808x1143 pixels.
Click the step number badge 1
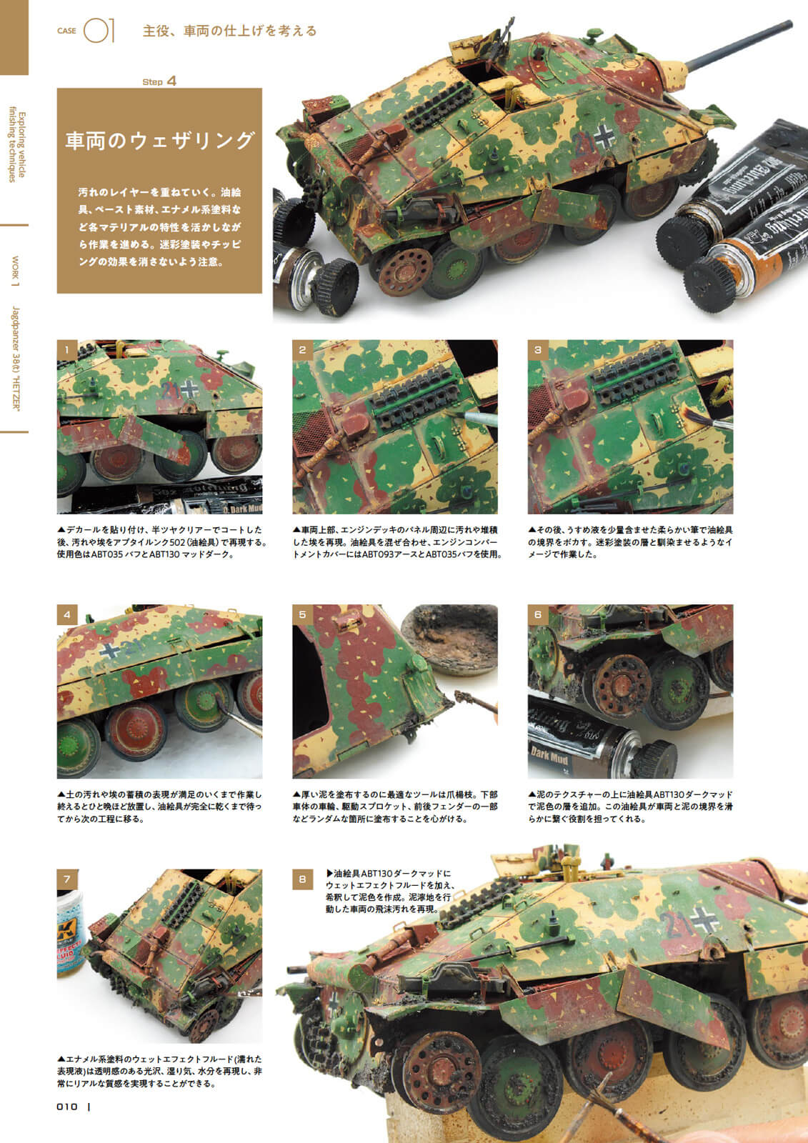coord(67,350)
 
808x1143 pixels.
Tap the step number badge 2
coord(302,350)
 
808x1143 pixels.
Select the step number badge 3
coord(537,350)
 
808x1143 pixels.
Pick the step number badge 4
coord(67,615)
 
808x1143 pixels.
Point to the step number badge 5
coord(302,615)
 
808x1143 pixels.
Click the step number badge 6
coord(537,615)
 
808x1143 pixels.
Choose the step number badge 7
coord(67,879)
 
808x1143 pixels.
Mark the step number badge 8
coord(302,879)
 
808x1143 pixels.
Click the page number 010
coord(67,1107)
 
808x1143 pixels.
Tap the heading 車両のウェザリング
coord(159,140)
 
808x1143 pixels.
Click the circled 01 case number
coord(99,31)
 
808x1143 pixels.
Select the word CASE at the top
coord(66,31)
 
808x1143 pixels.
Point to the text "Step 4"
coord(159,81)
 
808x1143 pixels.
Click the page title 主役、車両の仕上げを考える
coord(230,31)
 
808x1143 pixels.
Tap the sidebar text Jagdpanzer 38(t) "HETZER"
coord(15,358)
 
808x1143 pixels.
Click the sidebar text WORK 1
coord(15,271)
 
